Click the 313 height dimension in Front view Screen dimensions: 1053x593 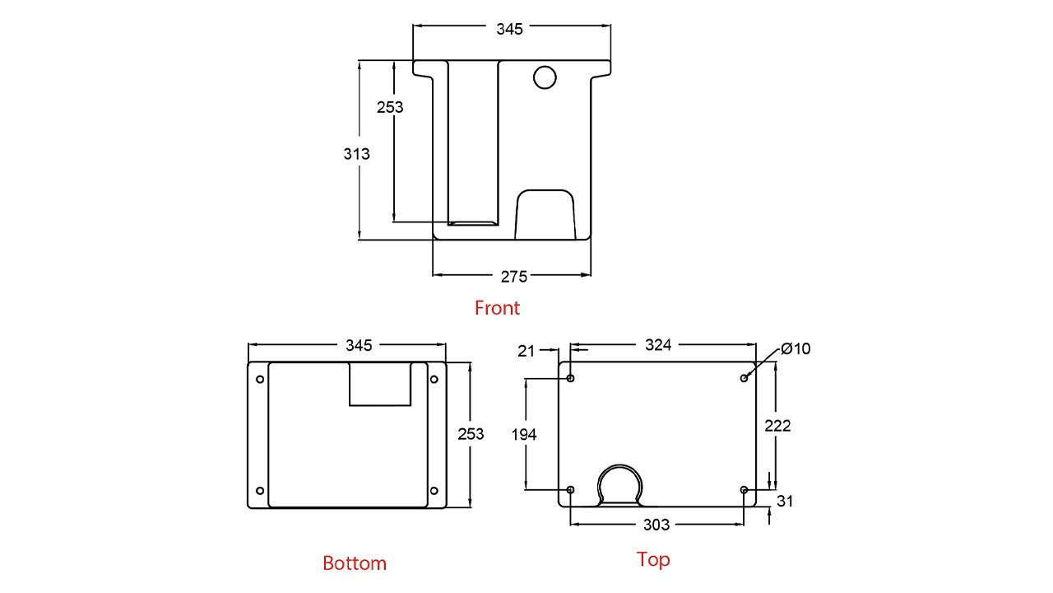pos(356,154)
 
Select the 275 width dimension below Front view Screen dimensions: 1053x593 pos(514,277)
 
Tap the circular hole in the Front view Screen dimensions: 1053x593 pos(545,77)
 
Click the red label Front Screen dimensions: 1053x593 pos(497,308)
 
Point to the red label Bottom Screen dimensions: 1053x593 pos(355,563)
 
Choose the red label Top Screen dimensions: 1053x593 pos(653,559)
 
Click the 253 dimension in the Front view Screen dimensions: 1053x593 pos(390,107)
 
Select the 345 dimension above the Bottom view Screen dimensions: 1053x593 pos(359,345)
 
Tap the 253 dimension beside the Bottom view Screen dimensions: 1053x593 pos(471,434)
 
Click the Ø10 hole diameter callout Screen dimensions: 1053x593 pos(796,348)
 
